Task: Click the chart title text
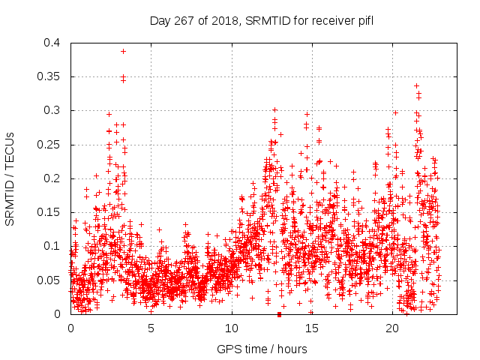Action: (261, 20)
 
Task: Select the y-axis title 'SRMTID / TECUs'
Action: (10, 178)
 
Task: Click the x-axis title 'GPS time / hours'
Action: (261, 349)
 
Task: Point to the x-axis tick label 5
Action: (151, 328)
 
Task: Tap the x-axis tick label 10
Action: (232, 328)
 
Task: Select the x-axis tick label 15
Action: (312, 328)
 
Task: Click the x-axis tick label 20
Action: (392, 328)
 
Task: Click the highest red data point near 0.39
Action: (123, 51)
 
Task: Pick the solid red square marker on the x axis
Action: (279, 314)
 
